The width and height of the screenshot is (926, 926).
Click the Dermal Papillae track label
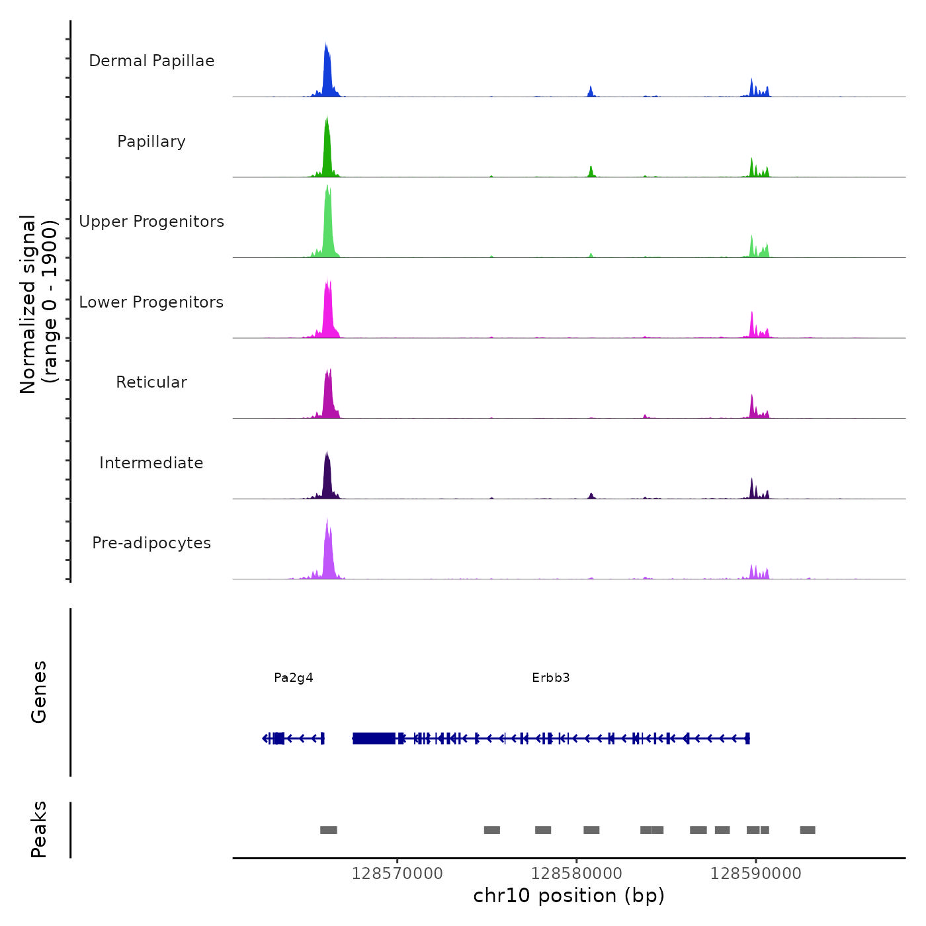151,61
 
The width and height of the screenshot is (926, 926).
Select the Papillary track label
151,142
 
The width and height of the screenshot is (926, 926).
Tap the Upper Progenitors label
151,222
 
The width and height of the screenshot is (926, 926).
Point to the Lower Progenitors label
151,302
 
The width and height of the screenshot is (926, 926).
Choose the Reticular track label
151,382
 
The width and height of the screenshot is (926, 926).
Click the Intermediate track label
151,463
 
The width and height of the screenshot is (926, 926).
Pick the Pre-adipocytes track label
151,543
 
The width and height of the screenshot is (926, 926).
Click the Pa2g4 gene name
294,678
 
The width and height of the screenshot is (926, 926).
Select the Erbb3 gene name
551,678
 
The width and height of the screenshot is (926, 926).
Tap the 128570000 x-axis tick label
397,874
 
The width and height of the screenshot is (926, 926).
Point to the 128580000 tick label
576,874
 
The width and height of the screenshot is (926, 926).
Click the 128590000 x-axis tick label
755,874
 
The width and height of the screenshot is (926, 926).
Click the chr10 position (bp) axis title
569,896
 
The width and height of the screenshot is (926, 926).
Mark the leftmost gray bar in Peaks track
329,830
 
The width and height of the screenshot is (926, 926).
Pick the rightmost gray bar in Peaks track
808,830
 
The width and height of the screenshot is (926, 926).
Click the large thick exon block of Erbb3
374,738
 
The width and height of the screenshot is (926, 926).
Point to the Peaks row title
39,829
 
